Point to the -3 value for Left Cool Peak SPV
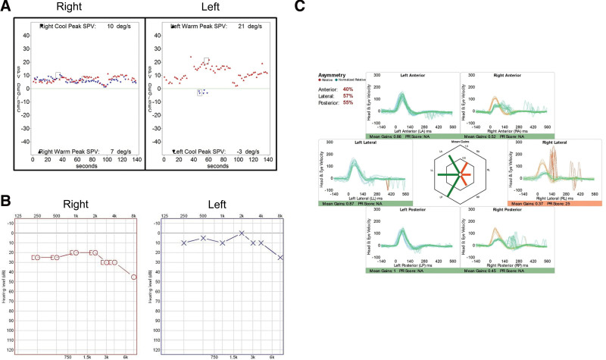242,152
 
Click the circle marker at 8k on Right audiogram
134,277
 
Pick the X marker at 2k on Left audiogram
242,233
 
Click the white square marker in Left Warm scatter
206,59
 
